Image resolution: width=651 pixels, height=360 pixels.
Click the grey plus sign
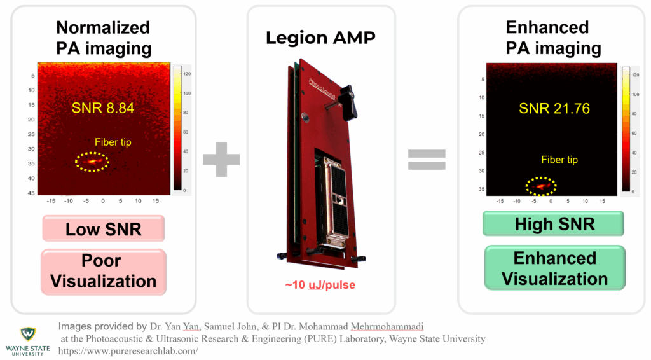(222, 159)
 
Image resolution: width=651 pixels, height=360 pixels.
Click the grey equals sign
(427, 159)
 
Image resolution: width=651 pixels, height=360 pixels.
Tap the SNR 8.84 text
(104, 108)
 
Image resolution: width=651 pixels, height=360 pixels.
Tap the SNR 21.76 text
(554, 108)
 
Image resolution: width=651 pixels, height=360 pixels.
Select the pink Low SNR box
(104, 228)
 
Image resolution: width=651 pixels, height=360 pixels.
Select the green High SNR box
(554, 223)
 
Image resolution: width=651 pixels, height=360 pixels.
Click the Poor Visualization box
(104, 272)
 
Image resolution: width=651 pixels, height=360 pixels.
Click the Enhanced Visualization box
(554, 268)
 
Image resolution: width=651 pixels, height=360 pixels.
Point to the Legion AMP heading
(320, 38)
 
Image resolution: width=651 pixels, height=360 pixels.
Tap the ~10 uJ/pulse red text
(320, 285)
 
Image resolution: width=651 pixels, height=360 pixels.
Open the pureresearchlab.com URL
(128, 350)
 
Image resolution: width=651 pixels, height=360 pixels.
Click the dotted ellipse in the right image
(541, 186)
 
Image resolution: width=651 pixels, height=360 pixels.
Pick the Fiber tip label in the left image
(113, 142)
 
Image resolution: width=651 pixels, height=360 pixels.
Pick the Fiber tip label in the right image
(559, 160)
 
